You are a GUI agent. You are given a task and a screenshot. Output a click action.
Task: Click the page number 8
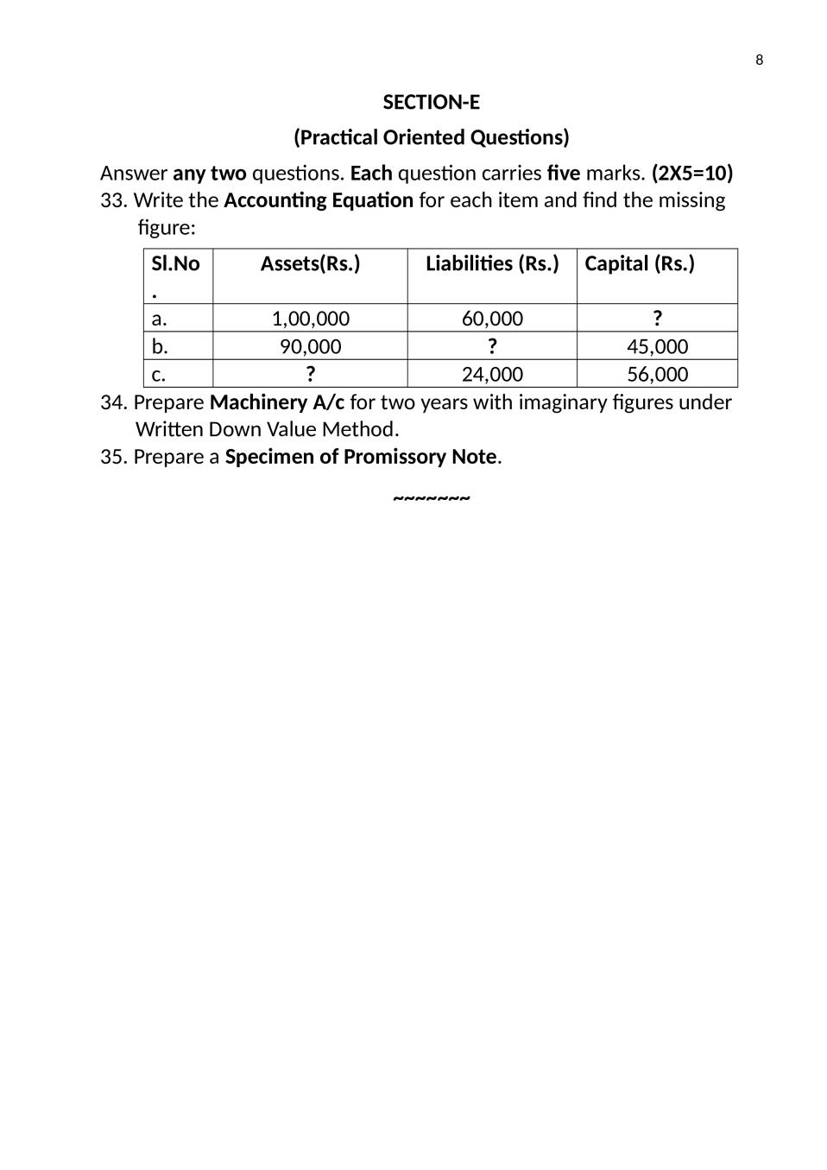(759, 60)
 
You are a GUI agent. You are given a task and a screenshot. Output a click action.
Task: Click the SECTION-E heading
(431, 102)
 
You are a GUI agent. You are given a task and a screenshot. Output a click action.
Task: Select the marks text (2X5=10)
(691, 173)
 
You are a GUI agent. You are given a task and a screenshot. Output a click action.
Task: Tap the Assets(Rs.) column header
(310, 263)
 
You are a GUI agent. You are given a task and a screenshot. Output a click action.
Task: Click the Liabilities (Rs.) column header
(492, 263)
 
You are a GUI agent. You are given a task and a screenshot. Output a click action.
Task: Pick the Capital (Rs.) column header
(639, 263)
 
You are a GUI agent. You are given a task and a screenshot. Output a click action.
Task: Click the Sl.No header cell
(175, 264)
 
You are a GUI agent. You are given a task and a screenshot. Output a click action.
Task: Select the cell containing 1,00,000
(310, 319)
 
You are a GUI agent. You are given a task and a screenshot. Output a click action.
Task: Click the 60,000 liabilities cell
(492, 319)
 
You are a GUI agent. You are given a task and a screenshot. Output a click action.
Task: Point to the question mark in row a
(657, 318)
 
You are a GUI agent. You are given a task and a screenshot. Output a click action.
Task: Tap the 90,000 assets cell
(310, 346)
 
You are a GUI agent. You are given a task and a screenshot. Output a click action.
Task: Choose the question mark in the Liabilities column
(492, 345)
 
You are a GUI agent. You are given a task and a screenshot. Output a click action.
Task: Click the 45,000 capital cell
(657, 346)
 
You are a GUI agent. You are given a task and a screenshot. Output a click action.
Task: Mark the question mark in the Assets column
(310, 373)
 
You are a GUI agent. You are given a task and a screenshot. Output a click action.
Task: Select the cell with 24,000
(492, 374)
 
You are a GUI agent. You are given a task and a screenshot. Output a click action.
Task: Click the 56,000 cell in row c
(657, 374)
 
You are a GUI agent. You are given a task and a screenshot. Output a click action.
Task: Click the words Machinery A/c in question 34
(276, 402)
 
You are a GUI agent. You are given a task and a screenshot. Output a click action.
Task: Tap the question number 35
(113, 457)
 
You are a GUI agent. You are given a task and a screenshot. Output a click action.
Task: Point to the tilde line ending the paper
(431, 499)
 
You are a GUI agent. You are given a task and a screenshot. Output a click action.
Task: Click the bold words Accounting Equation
(318, 200)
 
